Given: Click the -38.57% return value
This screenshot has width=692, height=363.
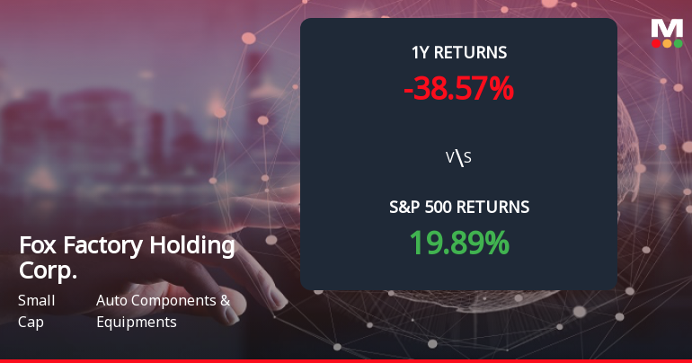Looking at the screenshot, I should pos(458,88).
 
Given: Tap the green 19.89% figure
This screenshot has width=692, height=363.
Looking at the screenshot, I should pos(458,243).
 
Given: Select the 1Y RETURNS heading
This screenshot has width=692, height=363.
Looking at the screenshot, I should pos(458,53).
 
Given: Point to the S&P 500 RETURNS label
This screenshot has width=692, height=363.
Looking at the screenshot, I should pos(458,208).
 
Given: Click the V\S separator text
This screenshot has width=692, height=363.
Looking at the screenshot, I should pos(458,158).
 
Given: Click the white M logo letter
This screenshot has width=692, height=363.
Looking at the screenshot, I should pos(667,28).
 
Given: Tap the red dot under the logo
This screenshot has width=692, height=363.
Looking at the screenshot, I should pos(656,43).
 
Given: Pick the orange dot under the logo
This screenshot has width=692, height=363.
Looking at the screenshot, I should pos(667,43).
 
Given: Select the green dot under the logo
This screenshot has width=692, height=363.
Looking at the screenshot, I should pos(678,43).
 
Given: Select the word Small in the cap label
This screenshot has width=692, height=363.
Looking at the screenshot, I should pos(37,301).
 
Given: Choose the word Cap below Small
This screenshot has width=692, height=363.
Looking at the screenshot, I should pos(31,322).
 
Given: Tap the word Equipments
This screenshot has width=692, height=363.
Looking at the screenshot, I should pos(136,322).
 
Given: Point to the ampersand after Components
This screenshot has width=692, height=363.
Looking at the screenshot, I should pos(225,301).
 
